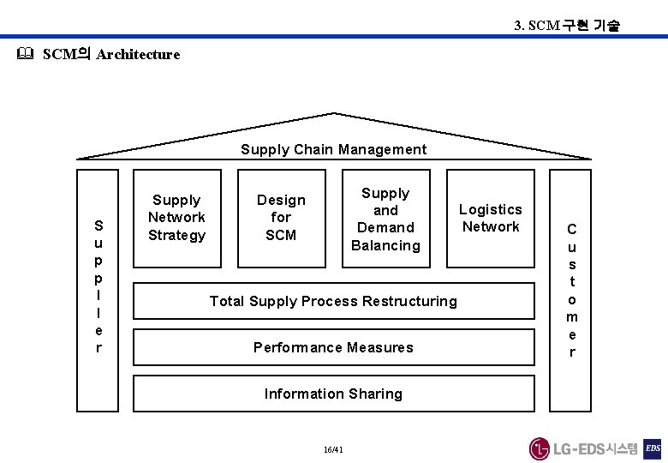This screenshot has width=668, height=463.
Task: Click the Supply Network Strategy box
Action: coord(176,218)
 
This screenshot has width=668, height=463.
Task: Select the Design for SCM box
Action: coord(281,218)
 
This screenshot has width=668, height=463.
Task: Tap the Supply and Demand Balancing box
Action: coord(385,219)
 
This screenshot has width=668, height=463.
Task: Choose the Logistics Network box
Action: coord(490,218)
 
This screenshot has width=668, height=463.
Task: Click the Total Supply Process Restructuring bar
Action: coord(333,301)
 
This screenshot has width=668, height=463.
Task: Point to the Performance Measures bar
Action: coord(333,347)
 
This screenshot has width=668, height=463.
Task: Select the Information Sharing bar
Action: coord(333,394)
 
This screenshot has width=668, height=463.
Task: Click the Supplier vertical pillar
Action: coord(98,286)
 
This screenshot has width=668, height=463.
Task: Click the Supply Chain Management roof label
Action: coord(333,149)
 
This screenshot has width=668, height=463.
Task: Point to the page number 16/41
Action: coord(334,449)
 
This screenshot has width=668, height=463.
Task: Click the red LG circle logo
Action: coord(539,448)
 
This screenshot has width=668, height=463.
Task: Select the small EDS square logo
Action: coord(653,448)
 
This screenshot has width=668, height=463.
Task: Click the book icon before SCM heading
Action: coord(24,54)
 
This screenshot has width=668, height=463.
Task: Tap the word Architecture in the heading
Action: coord(138,54)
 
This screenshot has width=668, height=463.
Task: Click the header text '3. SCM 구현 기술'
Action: coord(566,26)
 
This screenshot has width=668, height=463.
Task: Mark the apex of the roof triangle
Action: coord(334,113)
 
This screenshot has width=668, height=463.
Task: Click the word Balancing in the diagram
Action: coord(385,245)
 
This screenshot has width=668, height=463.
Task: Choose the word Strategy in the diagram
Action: coord(176,235)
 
